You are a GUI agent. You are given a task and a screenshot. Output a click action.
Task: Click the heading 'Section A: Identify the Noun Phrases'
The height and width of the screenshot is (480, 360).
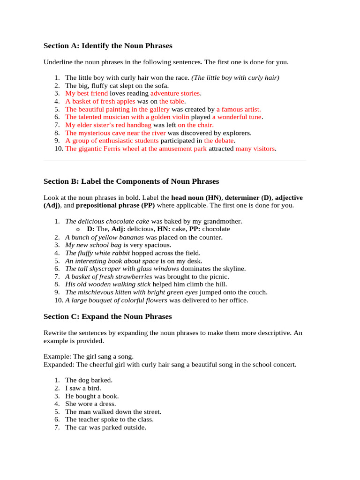point(108,46)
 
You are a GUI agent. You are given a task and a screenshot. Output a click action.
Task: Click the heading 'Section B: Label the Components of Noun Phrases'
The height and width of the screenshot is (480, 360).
point(131,181)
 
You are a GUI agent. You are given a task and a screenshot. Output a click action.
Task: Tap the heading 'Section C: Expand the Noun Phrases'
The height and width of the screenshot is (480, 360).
point(108,316)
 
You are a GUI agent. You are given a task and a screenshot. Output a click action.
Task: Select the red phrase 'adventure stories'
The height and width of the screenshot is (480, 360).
point(178,93)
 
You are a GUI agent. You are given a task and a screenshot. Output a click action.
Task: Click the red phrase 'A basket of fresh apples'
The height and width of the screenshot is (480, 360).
point(100,101)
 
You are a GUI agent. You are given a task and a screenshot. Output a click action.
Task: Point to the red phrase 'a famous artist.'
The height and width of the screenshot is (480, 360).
point(239,109)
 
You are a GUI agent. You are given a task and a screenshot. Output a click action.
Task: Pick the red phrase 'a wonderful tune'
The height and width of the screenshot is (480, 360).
point(237,117)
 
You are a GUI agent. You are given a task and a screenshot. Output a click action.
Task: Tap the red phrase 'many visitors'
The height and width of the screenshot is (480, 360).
point(255,149)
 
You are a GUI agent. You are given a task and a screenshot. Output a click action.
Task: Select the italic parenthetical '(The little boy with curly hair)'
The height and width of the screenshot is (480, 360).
point(235,78)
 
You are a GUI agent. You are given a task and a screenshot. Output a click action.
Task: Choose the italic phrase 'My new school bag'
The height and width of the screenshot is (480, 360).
point(93,245)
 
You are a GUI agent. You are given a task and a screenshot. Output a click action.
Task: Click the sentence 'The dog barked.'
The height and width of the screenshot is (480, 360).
point(89,380)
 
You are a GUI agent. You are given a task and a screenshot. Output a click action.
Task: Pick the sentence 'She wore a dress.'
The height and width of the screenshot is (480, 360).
point(90,404)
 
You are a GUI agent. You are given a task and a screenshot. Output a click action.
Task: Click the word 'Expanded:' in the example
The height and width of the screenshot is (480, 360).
point(59,364)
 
